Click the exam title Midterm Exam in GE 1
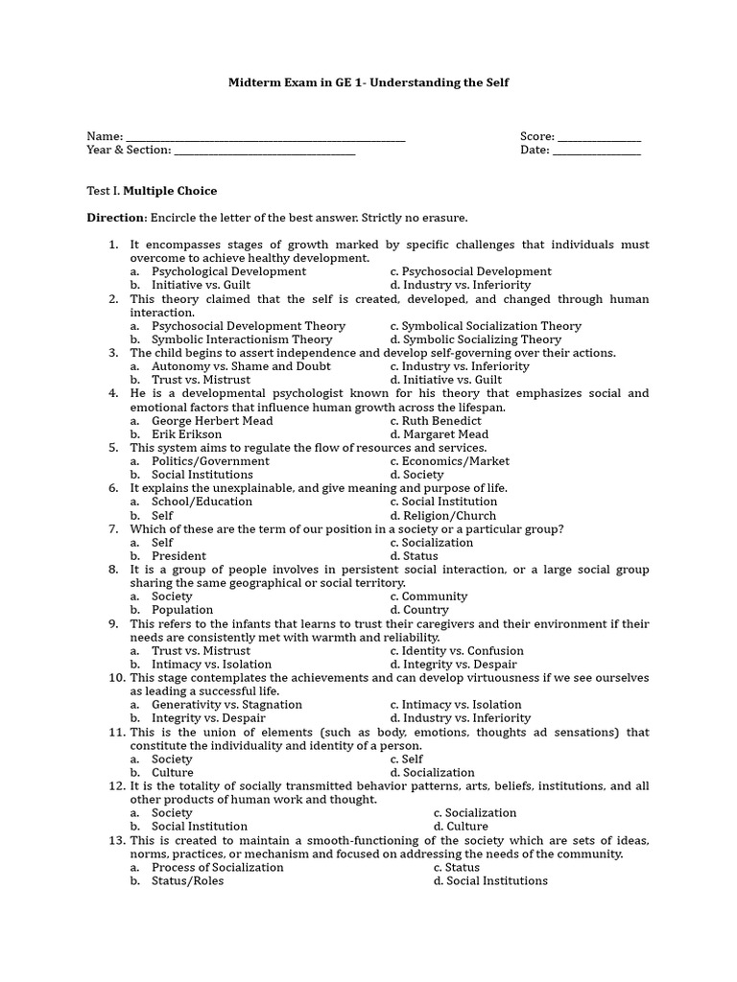pyautogui.click(x=368, y=82)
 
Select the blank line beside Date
pyautogui.click(x=597, y=153)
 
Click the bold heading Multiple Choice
pyautogui.click(x=170, y=191)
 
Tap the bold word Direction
pyautogui.click(x=116, y=218)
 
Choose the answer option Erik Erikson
pyautogui.click(x=186, y=434)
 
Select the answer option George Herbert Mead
pyautogui.click(x=212, y=421)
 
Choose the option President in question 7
pyautogui.click(x=178, y=556)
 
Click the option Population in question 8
pyautogui.click(x=181, y=610)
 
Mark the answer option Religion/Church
pyautogui.click(x=450, y=516)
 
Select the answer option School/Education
pyautogui.click(x=202, y=502)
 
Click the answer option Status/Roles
pyautogui.click(x=187, y=881)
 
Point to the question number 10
pyautogui.click(x=116, y=678)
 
